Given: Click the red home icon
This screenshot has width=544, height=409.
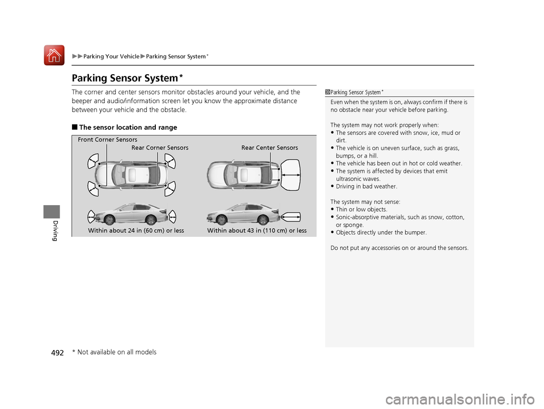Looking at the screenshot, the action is [x=54, y=55].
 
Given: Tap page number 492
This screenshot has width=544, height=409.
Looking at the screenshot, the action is [x=58, y=353].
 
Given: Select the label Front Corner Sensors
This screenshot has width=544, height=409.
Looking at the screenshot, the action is [x=108, y=139].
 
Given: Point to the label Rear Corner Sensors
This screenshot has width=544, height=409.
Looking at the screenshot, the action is [x=160, y=148].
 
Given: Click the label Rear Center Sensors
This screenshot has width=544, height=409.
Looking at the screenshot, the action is [x=270, y=148].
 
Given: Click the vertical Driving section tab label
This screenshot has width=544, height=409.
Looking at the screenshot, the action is [x=54, y=231].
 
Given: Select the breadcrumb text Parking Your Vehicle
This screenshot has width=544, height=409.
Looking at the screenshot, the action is [x=112, y=57].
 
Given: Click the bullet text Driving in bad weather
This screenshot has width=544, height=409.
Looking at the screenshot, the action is [x=367, y=186].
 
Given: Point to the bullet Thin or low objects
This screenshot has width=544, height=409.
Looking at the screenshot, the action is [x=362, y=210].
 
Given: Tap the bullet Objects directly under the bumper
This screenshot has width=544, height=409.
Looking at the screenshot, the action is [x=381, y=232].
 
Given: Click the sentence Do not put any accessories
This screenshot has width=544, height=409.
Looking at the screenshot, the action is [x=399, y=248].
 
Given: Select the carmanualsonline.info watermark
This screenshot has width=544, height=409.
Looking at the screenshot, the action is [x=460, y=399].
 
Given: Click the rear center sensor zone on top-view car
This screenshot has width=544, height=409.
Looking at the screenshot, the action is [x=291, y=175].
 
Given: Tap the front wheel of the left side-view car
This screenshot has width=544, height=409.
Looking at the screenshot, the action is [x=109, y=220].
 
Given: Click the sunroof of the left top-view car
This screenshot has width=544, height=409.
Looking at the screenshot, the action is [x=132, y=174].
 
